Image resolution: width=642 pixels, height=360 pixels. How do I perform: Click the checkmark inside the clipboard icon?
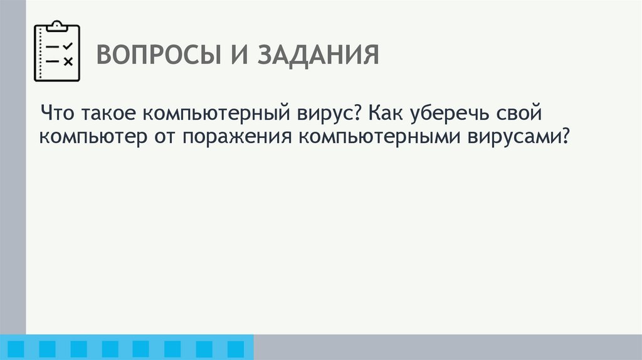[x=68, y=46]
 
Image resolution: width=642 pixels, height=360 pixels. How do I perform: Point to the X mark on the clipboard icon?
[x=68, y=61]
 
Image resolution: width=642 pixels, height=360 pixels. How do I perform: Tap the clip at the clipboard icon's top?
[x=57, y=25]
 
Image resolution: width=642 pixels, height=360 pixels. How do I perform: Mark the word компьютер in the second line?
[x=92, y=137]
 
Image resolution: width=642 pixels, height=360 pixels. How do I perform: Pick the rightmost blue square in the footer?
[x=235, y=348]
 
